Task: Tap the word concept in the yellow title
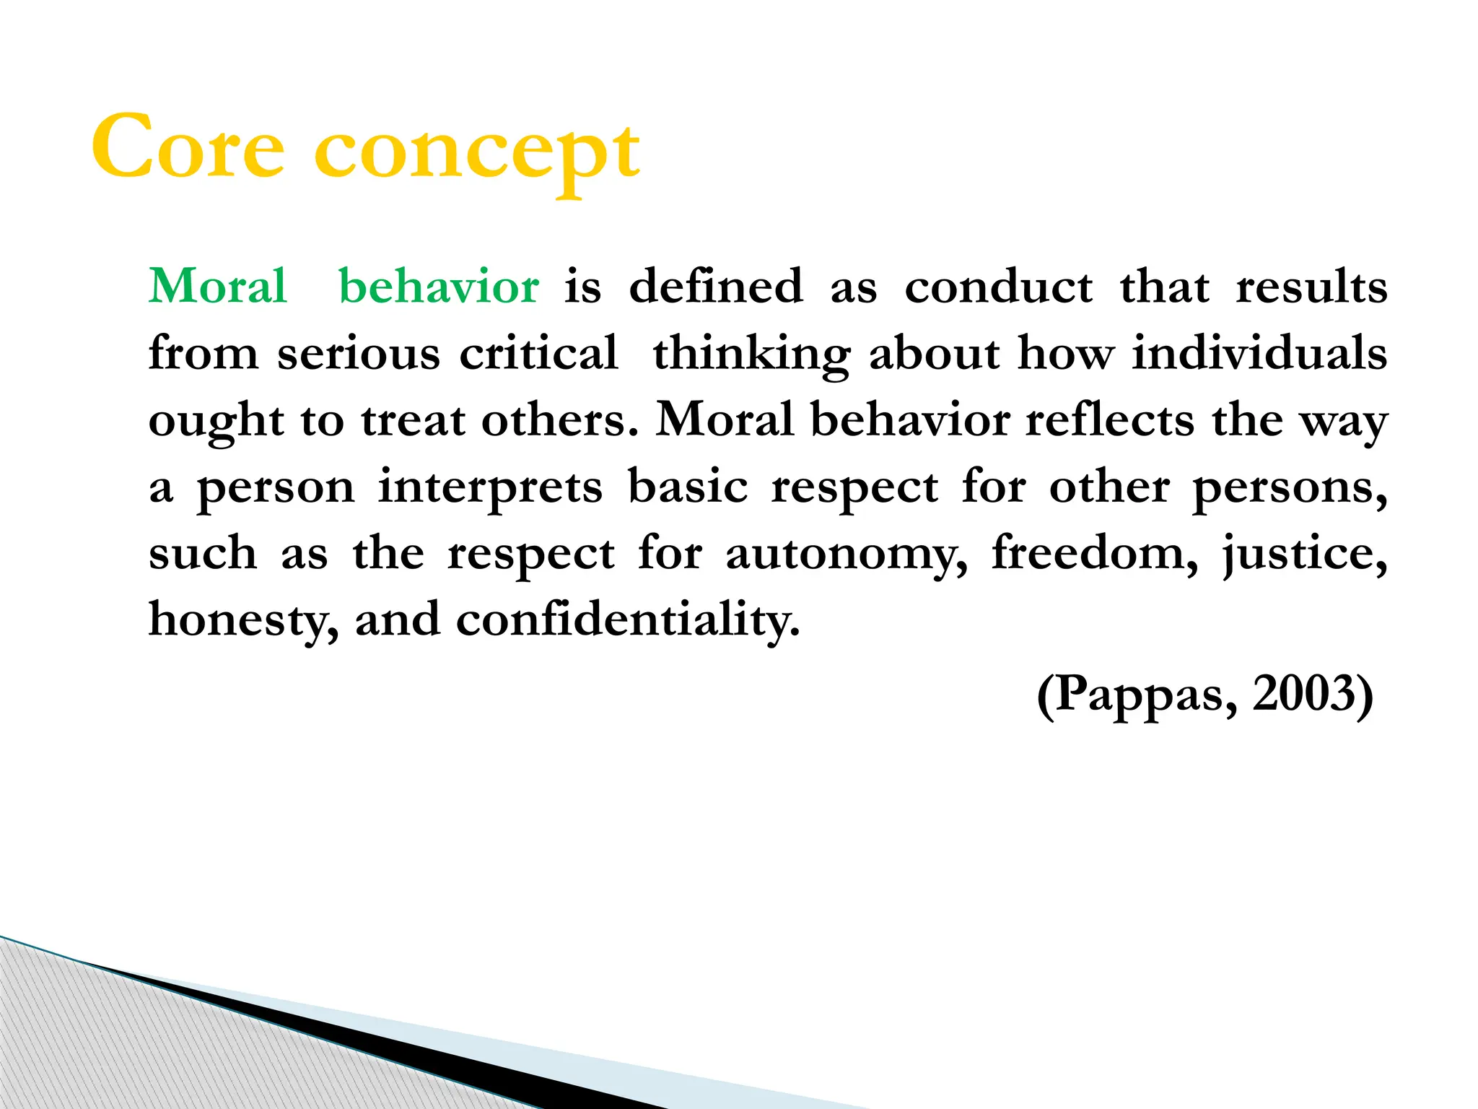(477, 152)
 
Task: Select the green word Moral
(218, 286)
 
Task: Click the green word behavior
(439, 286)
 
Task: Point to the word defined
(716, 286)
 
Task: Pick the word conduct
(999, 287)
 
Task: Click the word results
(1311, 287)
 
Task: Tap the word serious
(359, 354)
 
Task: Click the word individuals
(1259, 354)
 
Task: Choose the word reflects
(1110, 420)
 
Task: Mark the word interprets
(490, 488)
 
